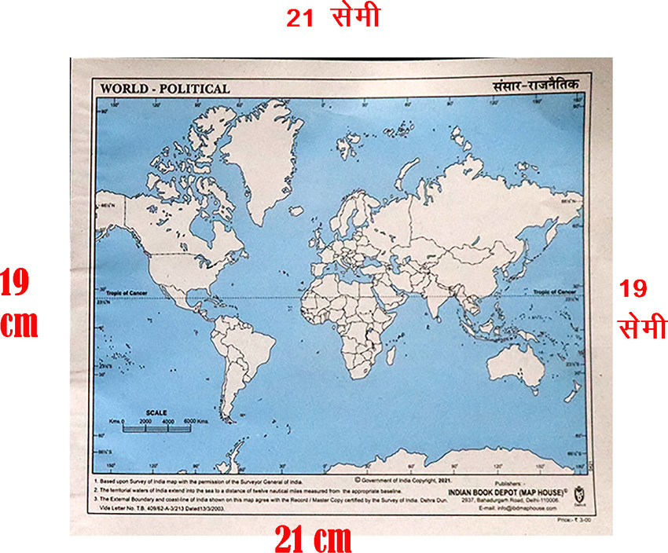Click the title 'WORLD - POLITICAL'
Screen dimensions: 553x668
coord(164,89)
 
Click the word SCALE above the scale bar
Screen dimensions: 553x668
coord(157,412)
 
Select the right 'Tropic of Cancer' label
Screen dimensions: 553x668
coord(555,291)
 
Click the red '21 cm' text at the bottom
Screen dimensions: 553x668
coord(312,540)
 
